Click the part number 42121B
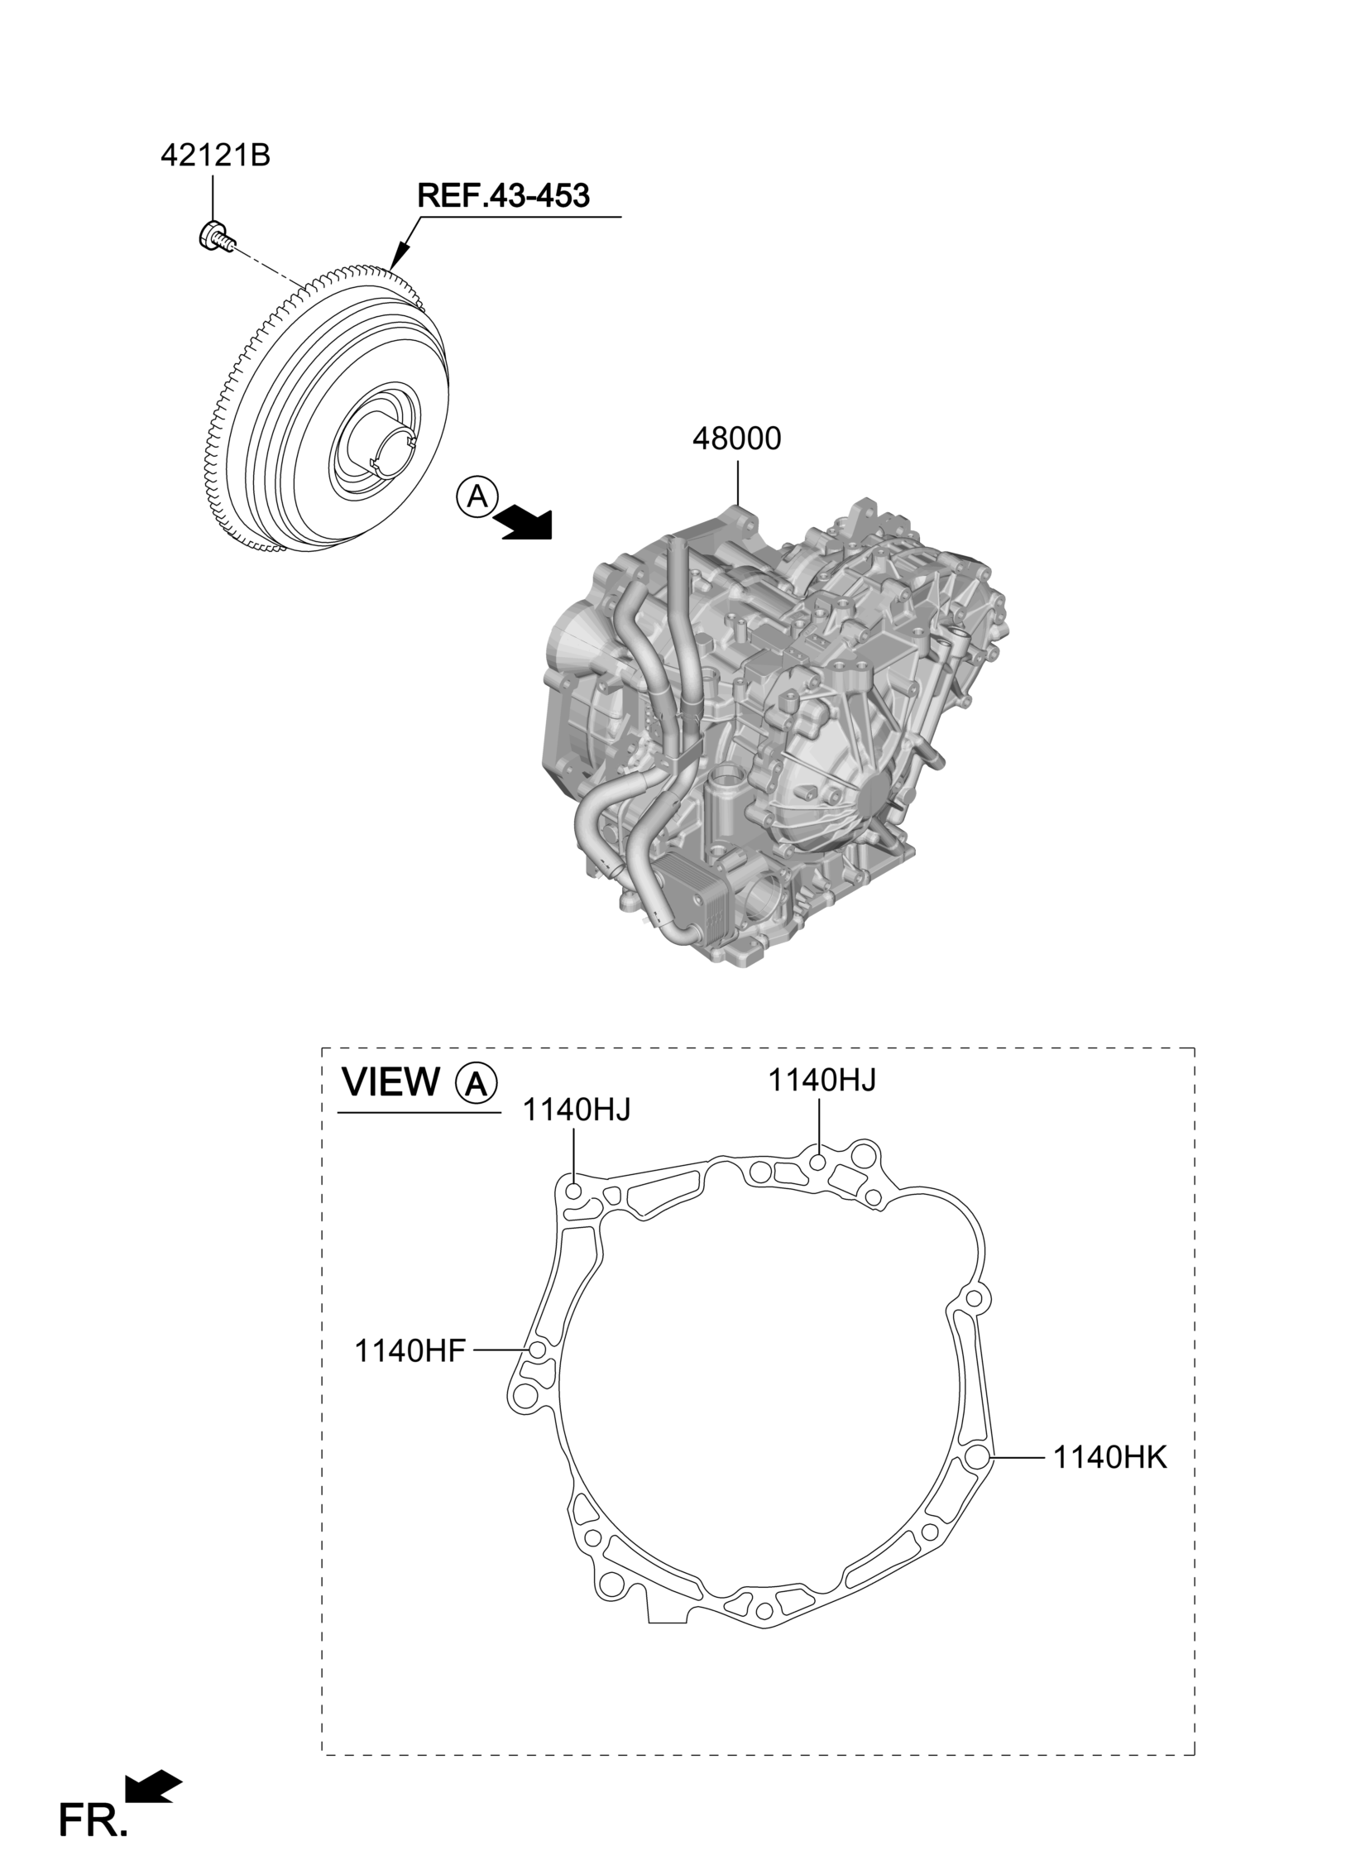pos(215,156)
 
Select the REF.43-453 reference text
pos(503,197)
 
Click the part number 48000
pos(736,439)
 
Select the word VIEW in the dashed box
pos(391,1081)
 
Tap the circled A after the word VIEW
pos(477,1083)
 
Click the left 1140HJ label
pos(577,1109)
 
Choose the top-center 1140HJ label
pos(821,1081)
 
